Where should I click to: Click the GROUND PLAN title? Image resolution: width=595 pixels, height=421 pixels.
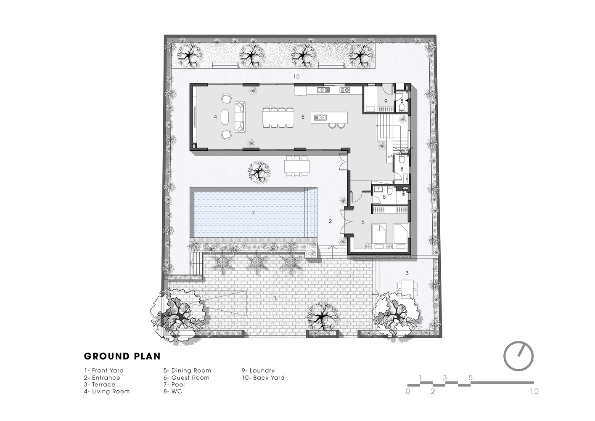[x=122, y=356]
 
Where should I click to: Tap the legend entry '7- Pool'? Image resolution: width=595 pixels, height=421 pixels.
[x=174, y=384]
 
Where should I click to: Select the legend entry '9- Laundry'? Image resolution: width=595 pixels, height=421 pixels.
[x=258, y=370]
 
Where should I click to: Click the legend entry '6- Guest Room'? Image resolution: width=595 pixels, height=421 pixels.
[x=186, y=377]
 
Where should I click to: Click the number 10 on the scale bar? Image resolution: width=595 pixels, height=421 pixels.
[x=534, y=391]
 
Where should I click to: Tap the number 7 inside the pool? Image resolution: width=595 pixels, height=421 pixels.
[x=254, y=213]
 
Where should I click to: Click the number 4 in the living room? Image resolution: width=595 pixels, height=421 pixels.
[x=215, y=117]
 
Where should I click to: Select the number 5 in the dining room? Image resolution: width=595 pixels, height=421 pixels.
[x=303, y=117]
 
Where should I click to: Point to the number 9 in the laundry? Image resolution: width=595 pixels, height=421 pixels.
[x=386, y=101]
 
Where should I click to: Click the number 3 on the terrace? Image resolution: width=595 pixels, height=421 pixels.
[x=407, y=273]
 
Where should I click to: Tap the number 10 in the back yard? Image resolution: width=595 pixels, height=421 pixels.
[x=296, y=77]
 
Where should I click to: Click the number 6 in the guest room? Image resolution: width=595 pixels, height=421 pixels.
[x=363, y=222]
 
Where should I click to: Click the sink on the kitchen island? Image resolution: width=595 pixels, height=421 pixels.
[x=320, y=117]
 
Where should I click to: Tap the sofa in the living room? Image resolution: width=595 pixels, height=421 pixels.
[x=240, y=117]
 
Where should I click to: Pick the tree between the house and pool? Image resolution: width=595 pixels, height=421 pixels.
[x=259, y=172]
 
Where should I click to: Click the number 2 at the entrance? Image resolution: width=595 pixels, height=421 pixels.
[x=331, y=221]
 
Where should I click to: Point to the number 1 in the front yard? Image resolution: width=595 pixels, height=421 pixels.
[x=275, y=298]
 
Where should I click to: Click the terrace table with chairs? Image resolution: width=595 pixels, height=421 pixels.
[x=407, y=288]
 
